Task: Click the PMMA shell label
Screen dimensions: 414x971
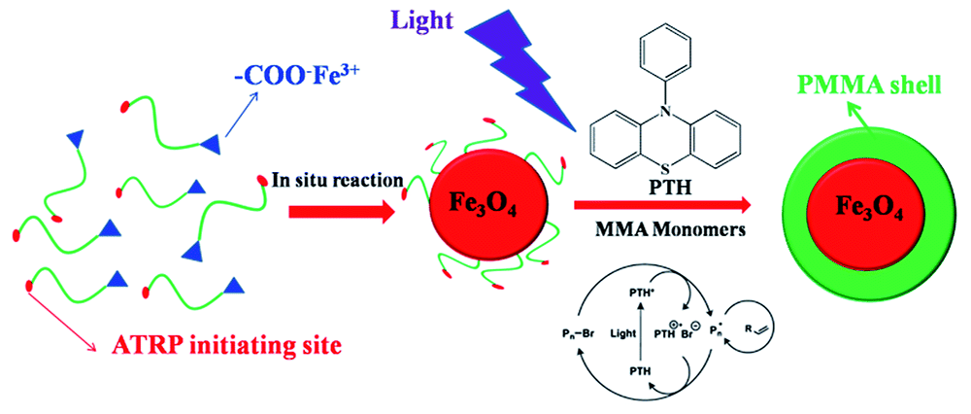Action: [x=862, y=86]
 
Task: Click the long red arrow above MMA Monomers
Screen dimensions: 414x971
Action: [x=665, y=206]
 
